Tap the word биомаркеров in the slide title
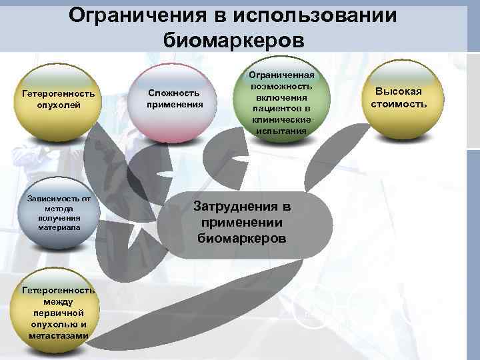233,39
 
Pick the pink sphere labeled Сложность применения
175,99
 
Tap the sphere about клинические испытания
280,99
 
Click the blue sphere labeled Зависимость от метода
59,213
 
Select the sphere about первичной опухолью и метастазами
59,313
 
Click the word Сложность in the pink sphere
175,93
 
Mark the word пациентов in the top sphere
280,109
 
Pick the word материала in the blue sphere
59,227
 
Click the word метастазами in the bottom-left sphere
59,335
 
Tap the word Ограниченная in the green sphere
280,76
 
